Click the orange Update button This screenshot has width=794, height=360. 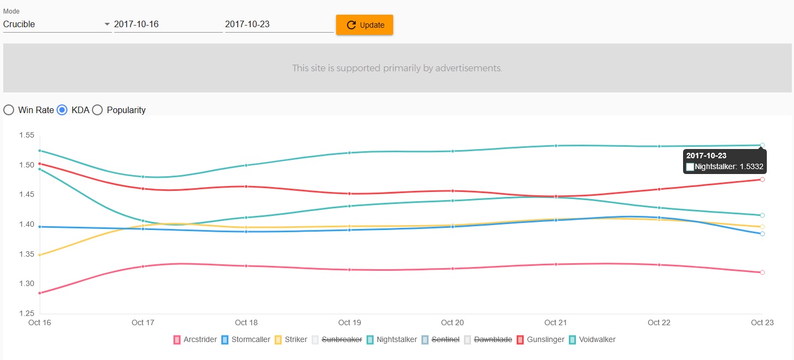click(364, 25)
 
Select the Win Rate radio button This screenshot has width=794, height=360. click(9, 110)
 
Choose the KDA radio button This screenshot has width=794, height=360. click(62, 110)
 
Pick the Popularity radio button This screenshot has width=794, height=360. click(97, 110)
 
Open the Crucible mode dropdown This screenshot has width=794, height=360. click(57, 24)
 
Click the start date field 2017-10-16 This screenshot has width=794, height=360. click(168, 24)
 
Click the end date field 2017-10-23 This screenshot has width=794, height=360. click(278, 24)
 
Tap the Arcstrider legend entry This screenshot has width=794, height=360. click(195, 339)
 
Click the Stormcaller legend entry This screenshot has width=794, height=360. click(245, 339)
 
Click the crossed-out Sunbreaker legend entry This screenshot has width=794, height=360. click(337, 339)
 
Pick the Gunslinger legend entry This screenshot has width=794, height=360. click(538, 339)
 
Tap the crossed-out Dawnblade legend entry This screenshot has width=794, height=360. click(488, 339)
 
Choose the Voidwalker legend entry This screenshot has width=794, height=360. click(592, 339)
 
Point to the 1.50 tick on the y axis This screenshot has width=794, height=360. click(27, 165)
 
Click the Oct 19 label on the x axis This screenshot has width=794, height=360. click(349, 322)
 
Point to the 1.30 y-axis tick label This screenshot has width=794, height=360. click(27, 284)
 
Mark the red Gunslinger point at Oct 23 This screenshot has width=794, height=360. click(762, 179)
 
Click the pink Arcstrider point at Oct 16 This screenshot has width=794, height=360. click(40, 293)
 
